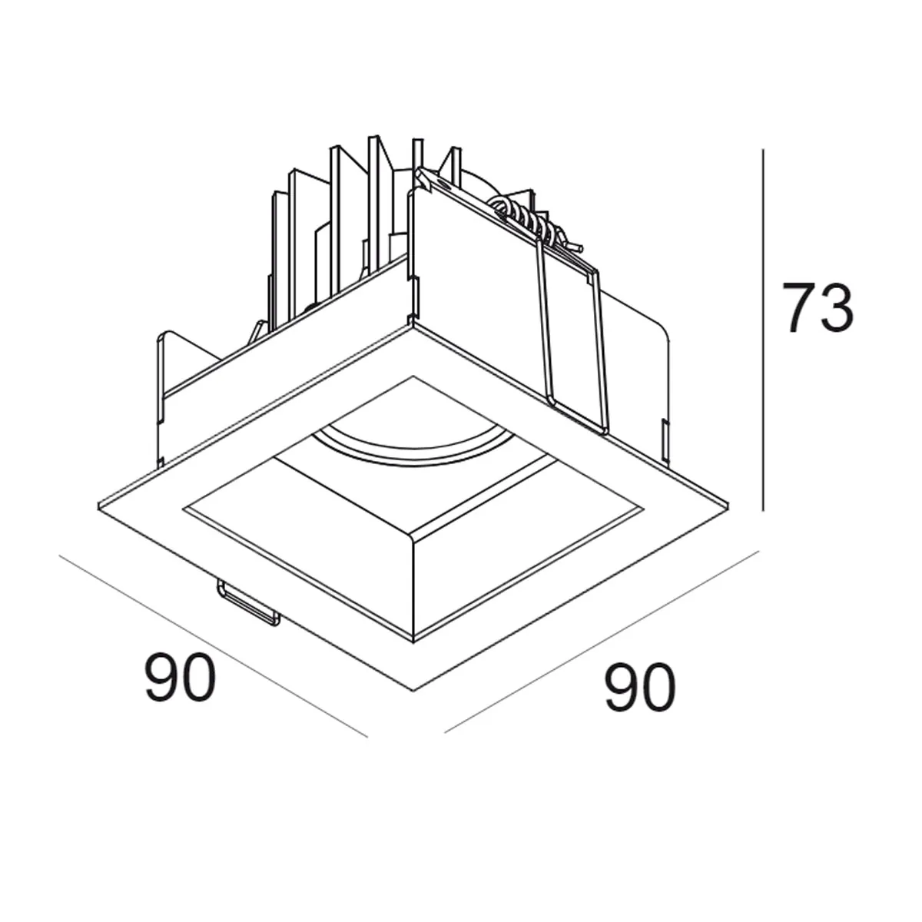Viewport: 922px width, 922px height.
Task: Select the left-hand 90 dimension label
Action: (x=181, y=677)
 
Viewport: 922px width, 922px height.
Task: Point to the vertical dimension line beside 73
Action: (x=763, y=330)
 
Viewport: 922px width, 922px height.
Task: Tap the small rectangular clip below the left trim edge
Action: (x=248, y=603)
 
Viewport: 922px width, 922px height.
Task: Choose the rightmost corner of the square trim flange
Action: (x=727, y=505)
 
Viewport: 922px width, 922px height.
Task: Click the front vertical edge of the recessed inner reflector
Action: (x=413, y=584)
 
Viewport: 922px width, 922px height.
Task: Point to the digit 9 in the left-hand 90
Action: (x=162, y=677)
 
